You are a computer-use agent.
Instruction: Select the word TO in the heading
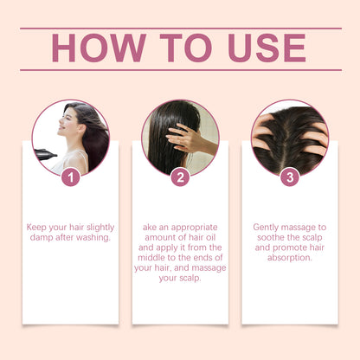coord(177,48)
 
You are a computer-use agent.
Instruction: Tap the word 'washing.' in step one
coord(93,238)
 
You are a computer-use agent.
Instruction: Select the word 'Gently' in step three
coord(268,227)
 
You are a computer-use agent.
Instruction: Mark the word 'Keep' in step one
coord(40,227)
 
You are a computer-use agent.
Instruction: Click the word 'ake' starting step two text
coord(151,227)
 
